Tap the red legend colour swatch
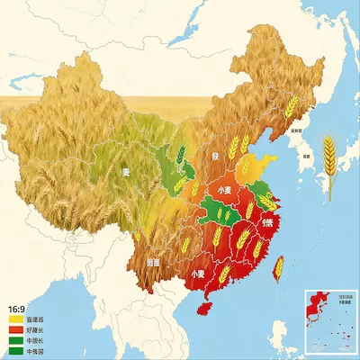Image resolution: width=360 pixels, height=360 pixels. click(16, 329)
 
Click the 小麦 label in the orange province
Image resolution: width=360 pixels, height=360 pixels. click(228, 190)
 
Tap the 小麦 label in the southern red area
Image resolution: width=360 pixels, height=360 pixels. click(198, 271)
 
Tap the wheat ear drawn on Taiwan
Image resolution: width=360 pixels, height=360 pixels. click(279, 266)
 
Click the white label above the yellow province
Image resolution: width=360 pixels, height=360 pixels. click(216, 156)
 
